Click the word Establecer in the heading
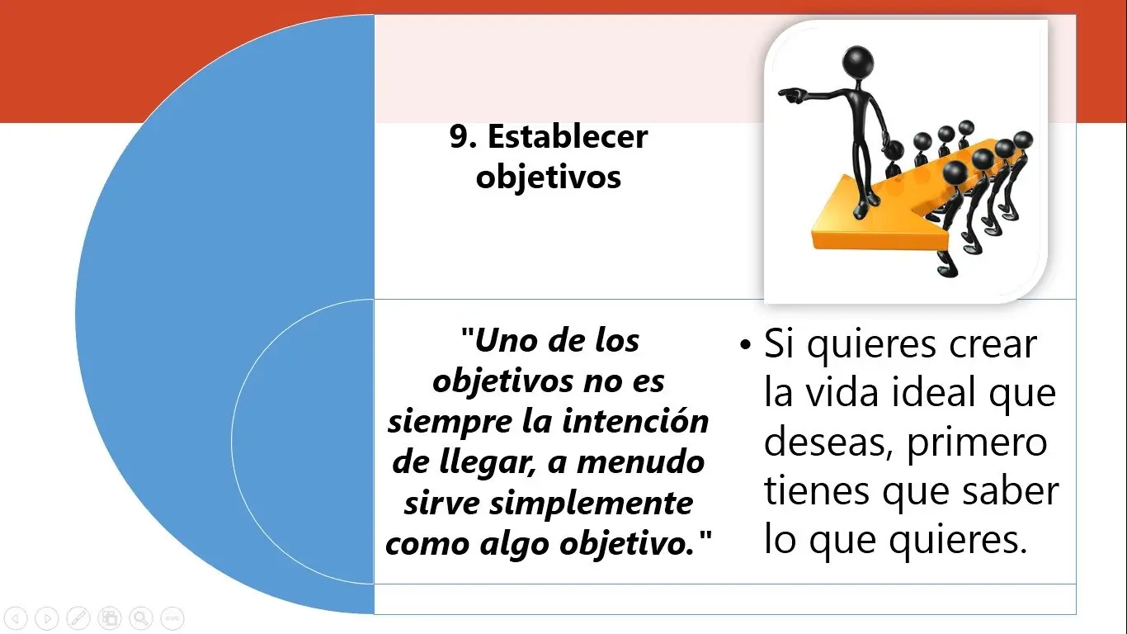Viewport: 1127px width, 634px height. click(568, 136)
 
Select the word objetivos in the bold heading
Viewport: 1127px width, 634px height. click(549, 177)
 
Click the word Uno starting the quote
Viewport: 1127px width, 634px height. click(505, 341)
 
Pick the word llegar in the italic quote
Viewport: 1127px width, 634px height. click(487, 463)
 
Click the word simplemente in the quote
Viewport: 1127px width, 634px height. click(592, 504)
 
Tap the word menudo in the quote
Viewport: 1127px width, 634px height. click(640, 462)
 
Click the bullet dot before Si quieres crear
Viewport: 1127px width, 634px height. click(745, 345)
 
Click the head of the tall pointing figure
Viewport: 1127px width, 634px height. click(857, 61)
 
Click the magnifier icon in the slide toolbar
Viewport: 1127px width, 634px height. click(141, 617)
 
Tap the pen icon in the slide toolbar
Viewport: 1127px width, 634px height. click(78, 617)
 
